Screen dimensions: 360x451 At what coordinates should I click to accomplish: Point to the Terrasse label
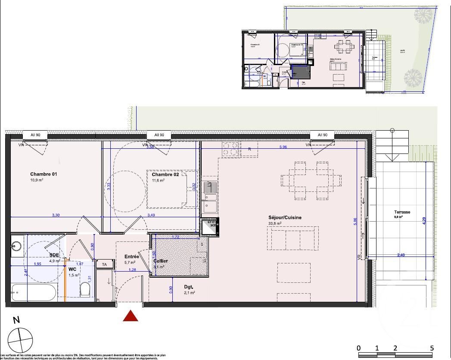401,212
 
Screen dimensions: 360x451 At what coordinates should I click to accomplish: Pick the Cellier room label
161,261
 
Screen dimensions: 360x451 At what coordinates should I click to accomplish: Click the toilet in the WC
86,289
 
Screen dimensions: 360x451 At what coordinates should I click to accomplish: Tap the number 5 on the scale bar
432,348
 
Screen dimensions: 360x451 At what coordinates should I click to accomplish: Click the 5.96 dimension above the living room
283,147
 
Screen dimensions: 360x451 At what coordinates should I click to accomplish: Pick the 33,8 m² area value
274,224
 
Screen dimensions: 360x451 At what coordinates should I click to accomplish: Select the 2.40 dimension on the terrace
401,255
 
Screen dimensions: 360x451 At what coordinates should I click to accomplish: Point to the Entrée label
131,256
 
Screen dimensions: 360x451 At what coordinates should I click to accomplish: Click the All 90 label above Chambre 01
35,135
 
